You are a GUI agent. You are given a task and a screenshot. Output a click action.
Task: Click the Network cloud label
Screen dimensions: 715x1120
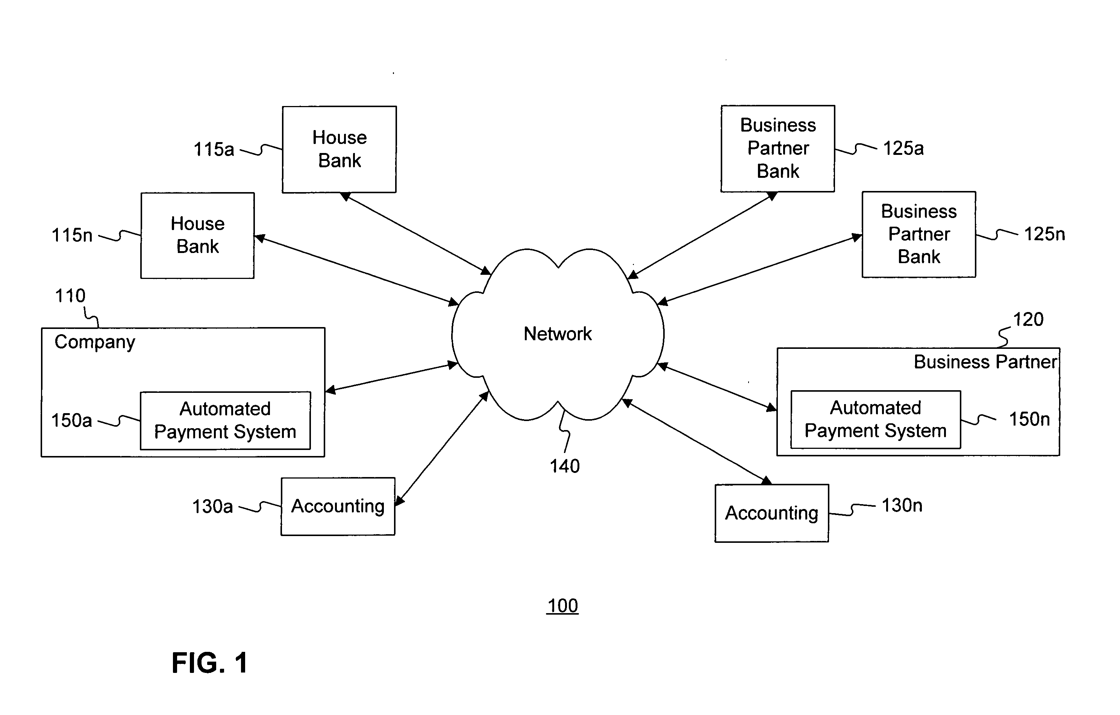pos(557,334)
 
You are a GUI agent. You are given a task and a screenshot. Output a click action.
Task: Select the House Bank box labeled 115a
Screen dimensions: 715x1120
pos(339,149)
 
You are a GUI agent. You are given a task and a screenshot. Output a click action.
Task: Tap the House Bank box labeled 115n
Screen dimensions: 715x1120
pos(198,235)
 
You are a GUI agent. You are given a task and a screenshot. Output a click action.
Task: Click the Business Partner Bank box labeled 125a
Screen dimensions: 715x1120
pos(777,148)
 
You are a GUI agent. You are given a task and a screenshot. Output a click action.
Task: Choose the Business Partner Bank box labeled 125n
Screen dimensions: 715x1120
pos(918,235)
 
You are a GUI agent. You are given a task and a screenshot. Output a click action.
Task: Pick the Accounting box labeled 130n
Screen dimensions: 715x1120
pos(771,513)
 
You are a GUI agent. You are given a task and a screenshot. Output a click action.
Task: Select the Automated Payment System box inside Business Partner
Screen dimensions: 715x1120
pos(875,420)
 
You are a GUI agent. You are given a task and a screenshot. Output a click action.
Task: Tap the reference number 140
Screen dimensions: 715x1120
pos(565,466)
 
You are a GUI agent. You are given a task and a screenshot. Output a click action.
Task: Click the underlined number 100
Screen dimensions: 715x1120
pos(562,606)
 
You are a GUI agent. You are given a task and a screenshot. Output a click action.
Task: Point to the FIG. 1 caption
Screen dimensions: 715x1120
pos(210,662)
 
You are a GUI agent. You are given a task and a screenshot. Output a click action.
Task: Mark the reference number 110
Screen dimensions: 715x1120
pos(70,296)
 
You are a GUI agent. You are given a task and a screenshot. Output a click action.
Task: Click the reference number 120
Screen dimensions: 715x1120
pos(1028,320)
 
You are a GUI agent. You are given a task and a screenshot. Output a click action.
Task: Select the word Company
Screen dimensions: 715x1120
pos(95,342)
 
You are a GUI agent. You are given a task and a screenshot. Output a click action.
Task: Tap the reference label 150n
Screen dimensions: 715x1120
pos(1029,420)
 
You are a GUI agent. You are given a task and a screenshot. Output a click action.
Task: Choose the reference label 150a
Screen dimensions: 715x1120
pos(72,421)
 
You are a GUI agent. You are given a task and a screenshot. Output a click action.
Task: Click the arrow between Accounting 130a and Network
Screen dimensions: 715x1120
pos(442,448)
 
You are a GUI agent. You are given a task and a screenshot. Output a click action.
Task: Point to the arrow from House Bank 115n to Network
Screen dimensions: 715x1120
pos(357,271)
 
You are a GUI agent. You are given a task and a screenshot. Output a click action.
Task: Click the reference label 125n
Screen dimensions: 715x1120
pos(1044,234)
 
